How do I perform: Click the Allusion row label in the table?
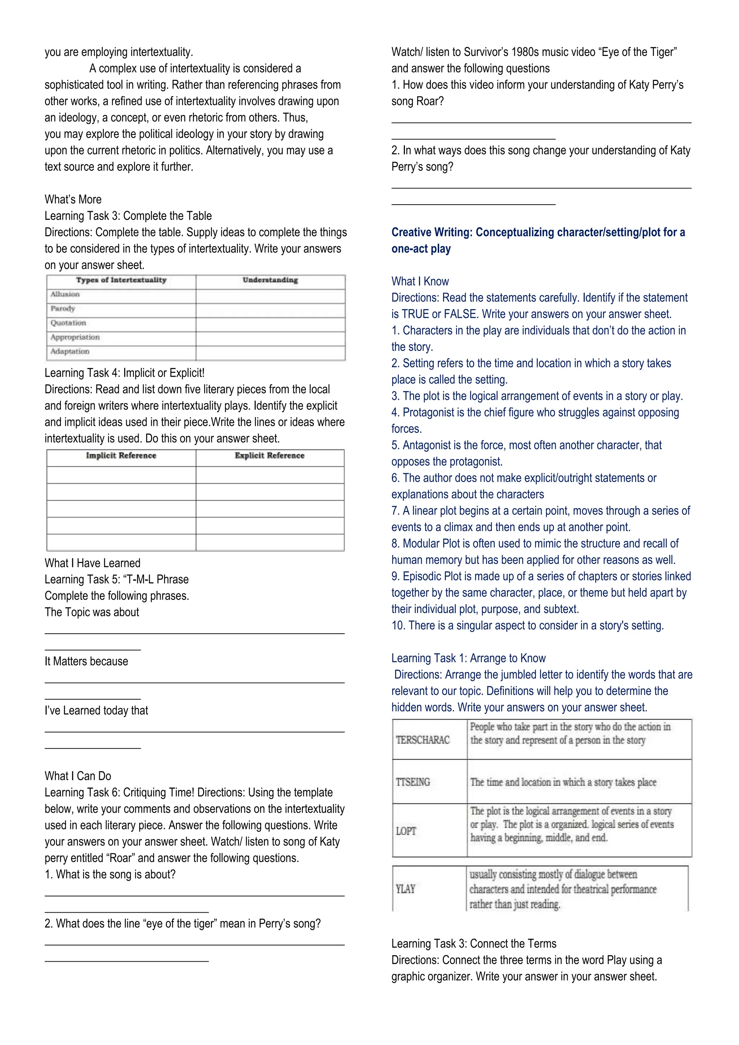tap(65, 294)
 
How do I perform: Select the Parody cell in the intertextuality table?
tap(63, 309)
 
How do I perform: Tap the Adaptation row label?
tap(70, 351)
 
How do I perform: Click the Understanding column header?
tap(270, 280)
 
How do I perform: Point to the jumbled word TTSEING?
tap(413, 782)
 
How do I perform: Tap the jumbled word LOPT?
tap(406, 831)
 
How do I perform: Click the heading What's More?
tap(73, 199)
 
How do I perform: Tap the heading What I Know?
tap(420, 281)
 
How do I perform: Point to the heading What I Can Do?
tap(78, 776)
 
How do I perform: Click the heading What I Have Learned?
tap(92, 563)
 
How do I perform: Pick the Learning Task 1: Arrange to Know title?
tap(468, 658)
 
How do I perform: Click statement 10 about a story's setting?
tap(528, 625)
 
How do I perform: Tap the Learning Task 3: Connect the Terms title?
tap(474, 944)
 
